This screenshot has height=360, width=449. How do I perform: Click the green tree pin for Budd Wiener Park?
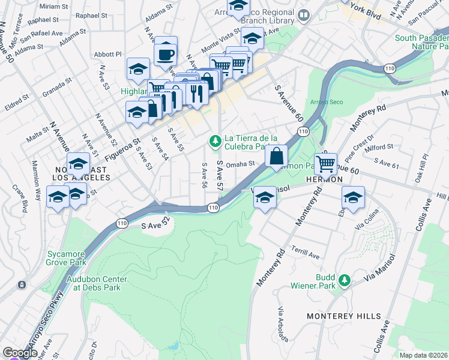[345, 280]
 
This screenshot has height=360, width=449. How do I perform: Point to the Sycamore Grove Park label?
[67, 257]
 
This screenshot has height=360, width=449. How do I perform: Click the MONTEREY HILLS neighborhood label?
[343, 316]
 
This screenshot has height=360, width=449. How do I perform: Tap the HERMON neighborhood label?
[325, 179]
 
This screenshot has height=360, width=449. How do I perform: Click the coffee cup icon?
[165, 54]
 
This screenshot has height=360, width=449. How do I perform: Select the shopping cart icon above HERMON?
[325, 162]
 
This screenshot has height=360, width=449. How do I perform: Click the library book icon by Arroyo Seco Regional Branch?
[304, 15]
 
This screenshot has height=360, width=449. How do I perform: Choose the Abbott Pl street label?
[110, 53]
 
